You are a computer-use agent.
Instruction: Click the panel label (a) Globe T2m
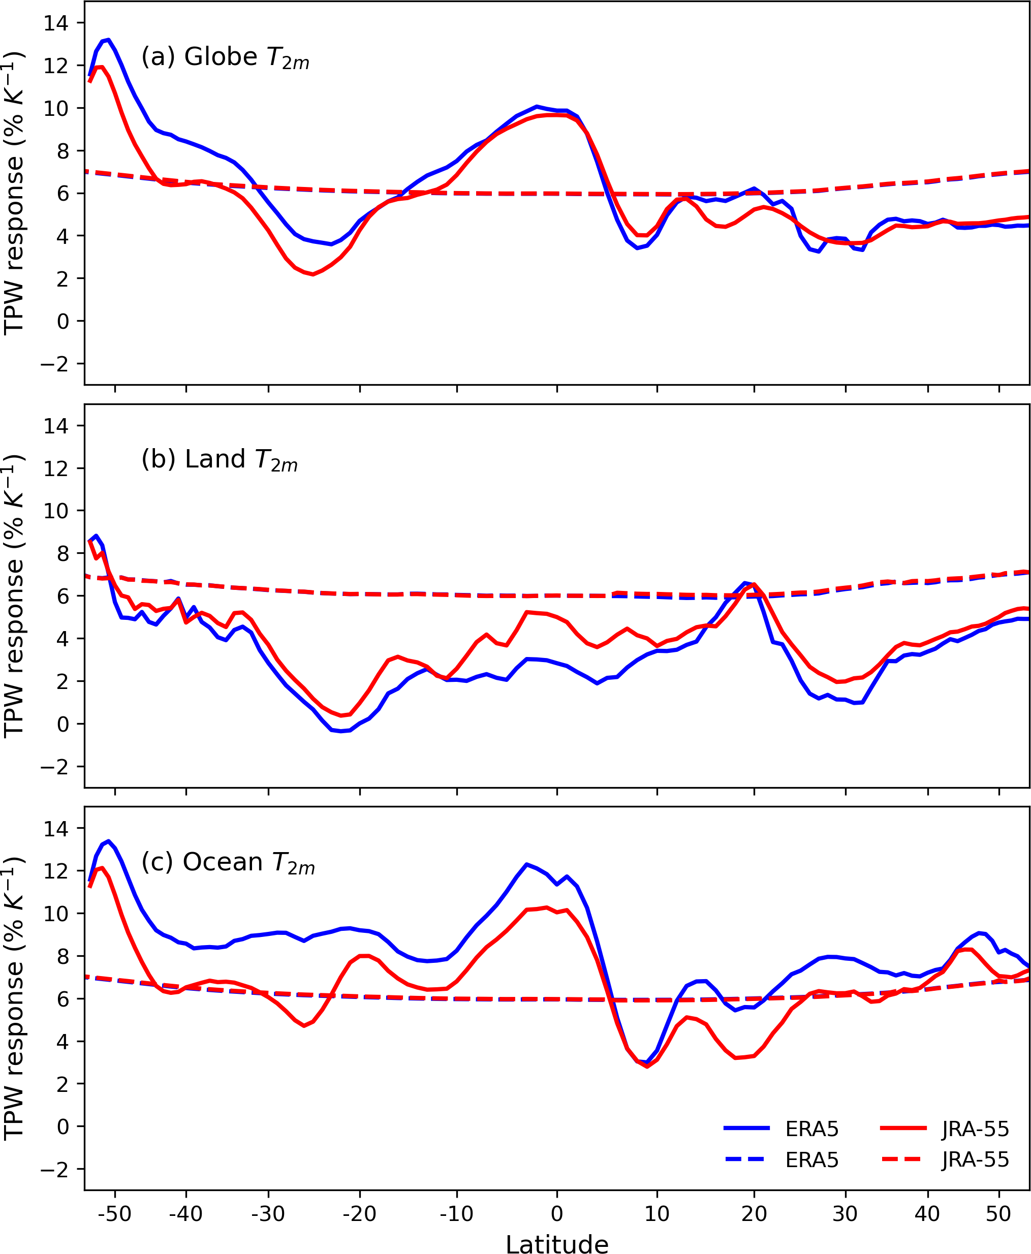(225, 57)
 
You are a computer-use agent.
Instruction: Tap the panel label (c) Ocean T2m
(228, 863)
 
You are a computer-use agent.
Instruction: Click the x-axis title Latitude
(556, 1243)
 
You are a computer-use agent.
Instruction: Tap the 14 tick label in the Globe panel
(56, 23)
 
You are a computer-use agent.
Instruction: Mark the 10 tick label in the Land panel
(56, 511)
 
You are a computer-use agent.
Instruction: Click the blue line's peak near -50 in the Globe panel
(108, 40)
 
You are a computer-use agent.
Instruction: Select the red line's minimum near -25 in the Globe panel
(313, 274)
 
